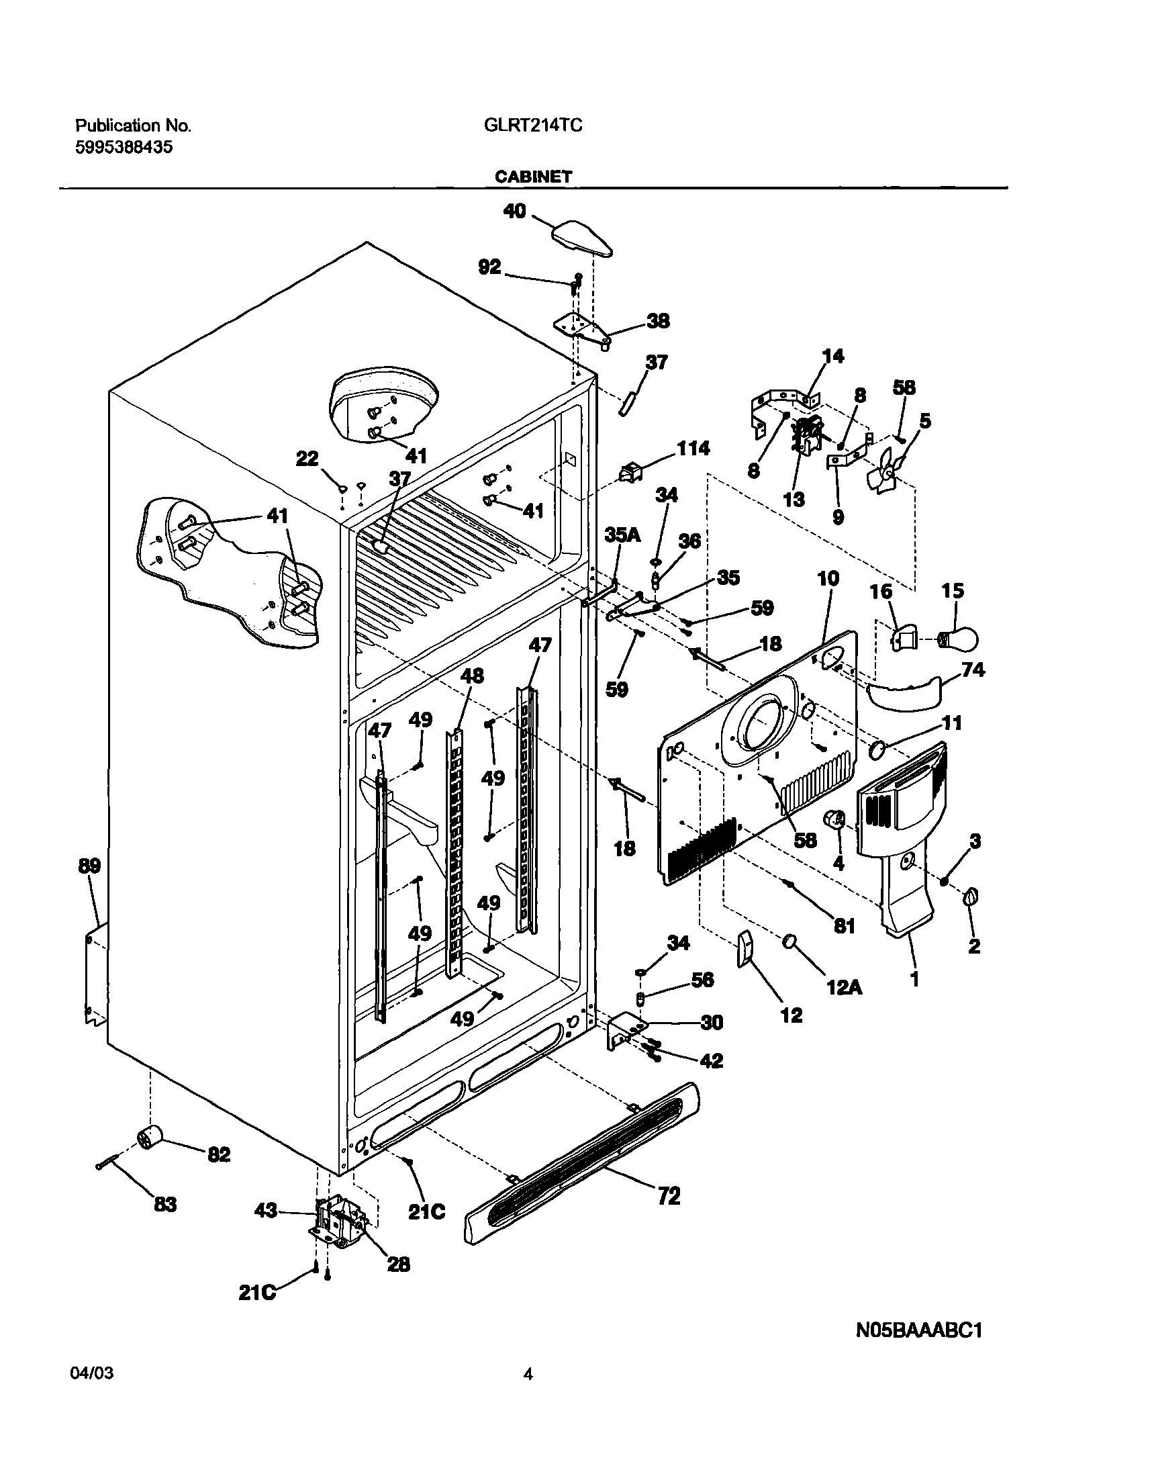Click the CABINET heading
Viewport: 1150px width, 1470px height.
tap(533, 177)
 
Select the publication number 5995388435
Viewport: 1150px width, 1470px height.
tap(124, 148)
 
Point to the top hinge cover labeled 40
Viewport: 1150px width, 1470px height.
tap(583, 238)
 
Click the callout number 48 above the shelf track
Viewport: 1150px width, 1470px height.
tap(471, 676)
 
